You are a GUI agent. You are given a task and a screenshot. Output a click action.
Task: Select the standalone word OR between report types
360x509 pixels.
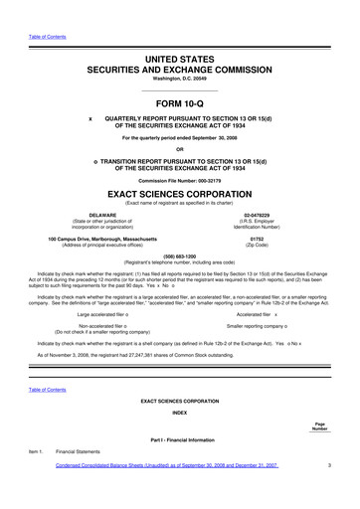point(180,150)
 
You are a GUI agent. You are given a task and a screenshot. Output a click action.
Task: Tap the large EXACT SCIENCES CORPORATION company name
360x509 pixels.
point(180,195)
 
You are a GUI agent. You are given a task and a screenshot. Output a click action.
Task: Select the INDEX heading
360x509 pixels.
point(180,411)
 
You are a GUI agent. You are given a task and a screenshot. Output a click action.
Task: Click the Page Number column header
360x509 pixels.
point(318,426)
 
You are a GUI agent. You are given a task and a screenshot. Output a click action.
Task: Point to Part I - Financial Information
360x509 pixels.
point(180,438)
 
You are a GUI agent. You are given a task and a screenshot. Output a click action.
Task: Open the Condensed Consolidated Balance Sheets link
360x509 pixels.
point(167,463)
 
